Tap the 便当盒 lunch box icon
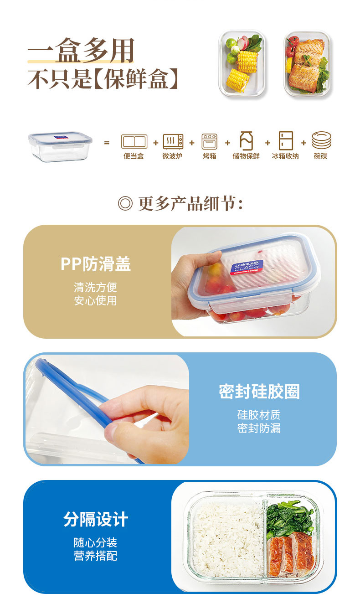(x=134, y=141)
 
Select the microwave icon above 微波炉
(x=173, y=141)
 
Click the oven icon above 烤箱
(x=210, y=141)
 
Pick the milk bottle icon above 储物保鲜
(x=246, y=140)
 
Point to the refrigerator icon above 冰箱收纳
(x=286, y=140)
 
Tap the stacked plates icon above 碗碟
(x=321, y=140)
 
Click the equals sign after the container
(x=107, y=143)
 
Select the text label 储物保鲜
(x=246, y=156)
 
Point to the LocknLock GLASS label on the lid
(x=247, y=268)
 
